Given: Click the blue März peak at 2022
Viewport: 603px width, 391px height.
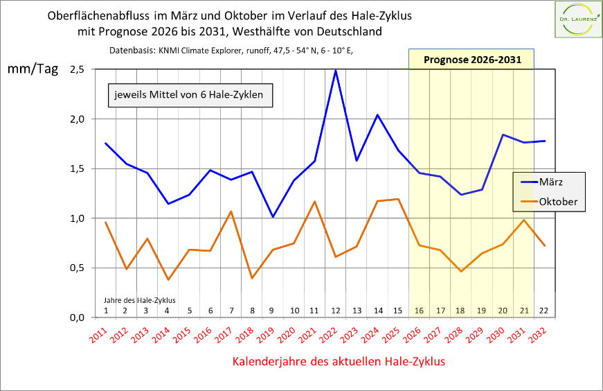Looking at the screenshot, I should click(x=336, y=70).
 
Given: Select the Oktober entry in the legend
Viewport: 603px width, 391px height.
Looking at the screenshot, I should click(x=557, y=202).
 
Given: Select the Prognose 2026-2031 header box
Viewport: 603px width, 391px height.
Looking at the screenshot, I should click(x=471, y=60).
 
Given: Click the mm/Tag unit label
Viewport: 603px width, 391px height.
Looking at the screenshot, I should click(x=33, y=69).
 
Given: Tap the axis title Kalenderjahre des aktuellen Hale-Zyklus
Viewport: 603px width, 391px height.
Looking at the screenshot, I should click(x=338, y=361).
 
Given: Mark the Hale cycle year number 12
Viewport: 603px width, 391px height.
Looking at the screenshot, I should click(x=336, y=310).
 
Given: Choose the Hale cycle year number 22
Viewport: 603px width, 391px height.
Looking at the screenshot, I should click(x=544, y=310).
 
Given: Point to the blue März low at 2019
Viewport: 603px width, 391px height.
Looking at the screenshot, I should click(x=273, y=217).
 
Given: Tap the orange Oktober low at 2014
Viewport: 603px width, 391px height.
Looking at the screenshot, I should click(x=168, y=280).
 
